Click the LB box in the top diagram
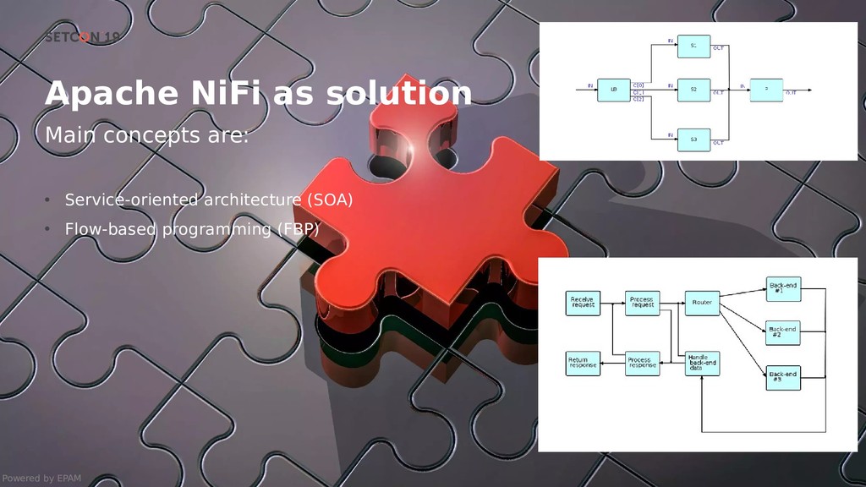coord(613,90)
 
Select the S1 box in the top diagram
coord(693,47)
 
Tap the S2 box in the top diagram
coord(693,89)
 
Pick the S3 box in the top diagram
coord(693,140)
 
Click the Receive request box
coord(583,303)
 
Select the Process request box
coord(642,303)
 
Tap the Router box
coord(702,303)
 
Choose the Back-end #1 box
coord(782,289)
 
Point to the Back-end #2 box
coord(782,332)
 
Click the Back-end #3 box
coord(782,378)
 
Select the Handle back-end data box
coord(703,364)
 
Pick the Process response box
coord(642,364)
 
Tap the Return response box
coord(583,364)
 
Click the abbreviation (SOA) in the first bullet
coord(327,200)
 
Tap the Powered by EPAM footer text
coord(41,479)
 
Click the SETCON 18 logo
coord(82,37)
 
